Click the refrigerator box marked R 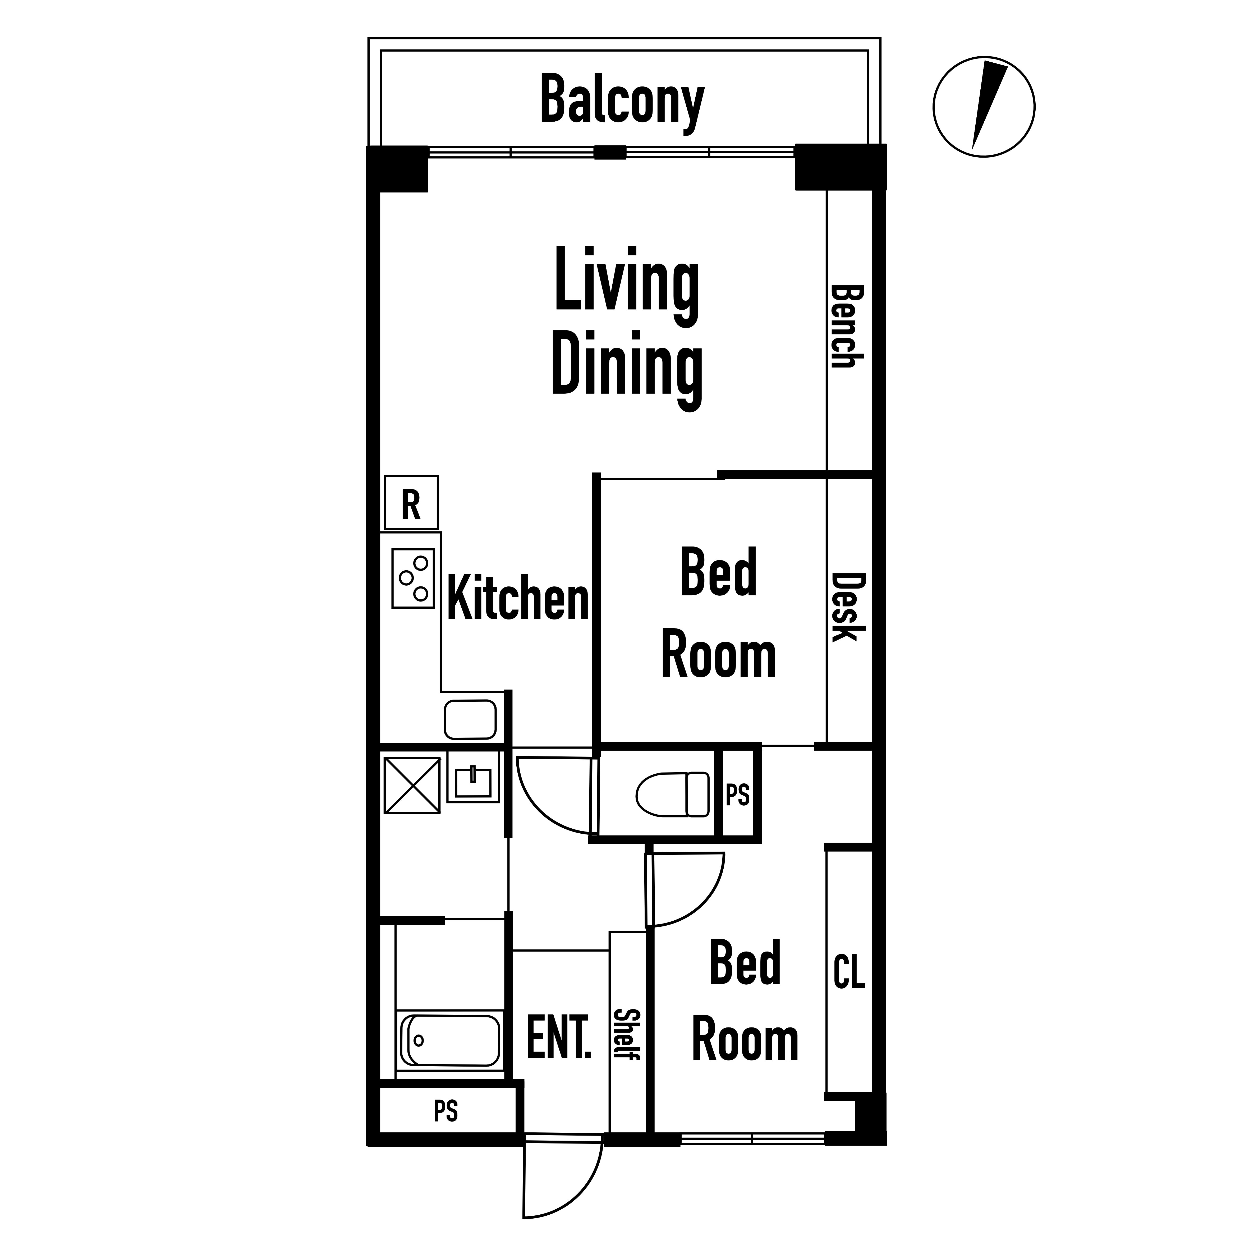click(x=411, y=502)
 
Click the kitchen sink click(x=470, y=719)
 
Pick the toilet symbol click(x=672, y=794)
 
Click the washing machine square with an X click(x=412, y=785)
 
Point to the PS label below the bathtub click(x=446, y=1111)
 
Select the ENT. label click(x=559, y=1037)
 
